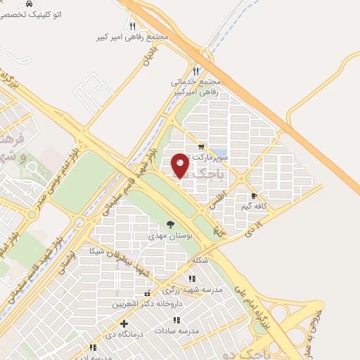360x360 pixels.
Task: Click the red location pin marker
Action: coord(181,165)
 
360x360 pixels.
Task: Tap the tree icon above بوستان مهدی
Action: coord(171,225)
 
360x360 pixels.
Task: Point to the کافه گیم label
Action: coord(255,206)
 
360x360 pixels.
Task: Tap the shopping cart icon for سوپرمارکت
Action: coord(202,147)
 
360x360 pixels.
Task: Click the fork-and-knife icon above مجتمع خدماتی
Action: coord(196,70)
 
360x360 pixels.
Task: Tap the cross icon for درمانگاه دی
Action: coord(124,324)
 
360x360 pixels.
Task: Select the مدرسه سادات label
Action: coord(200,330)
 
